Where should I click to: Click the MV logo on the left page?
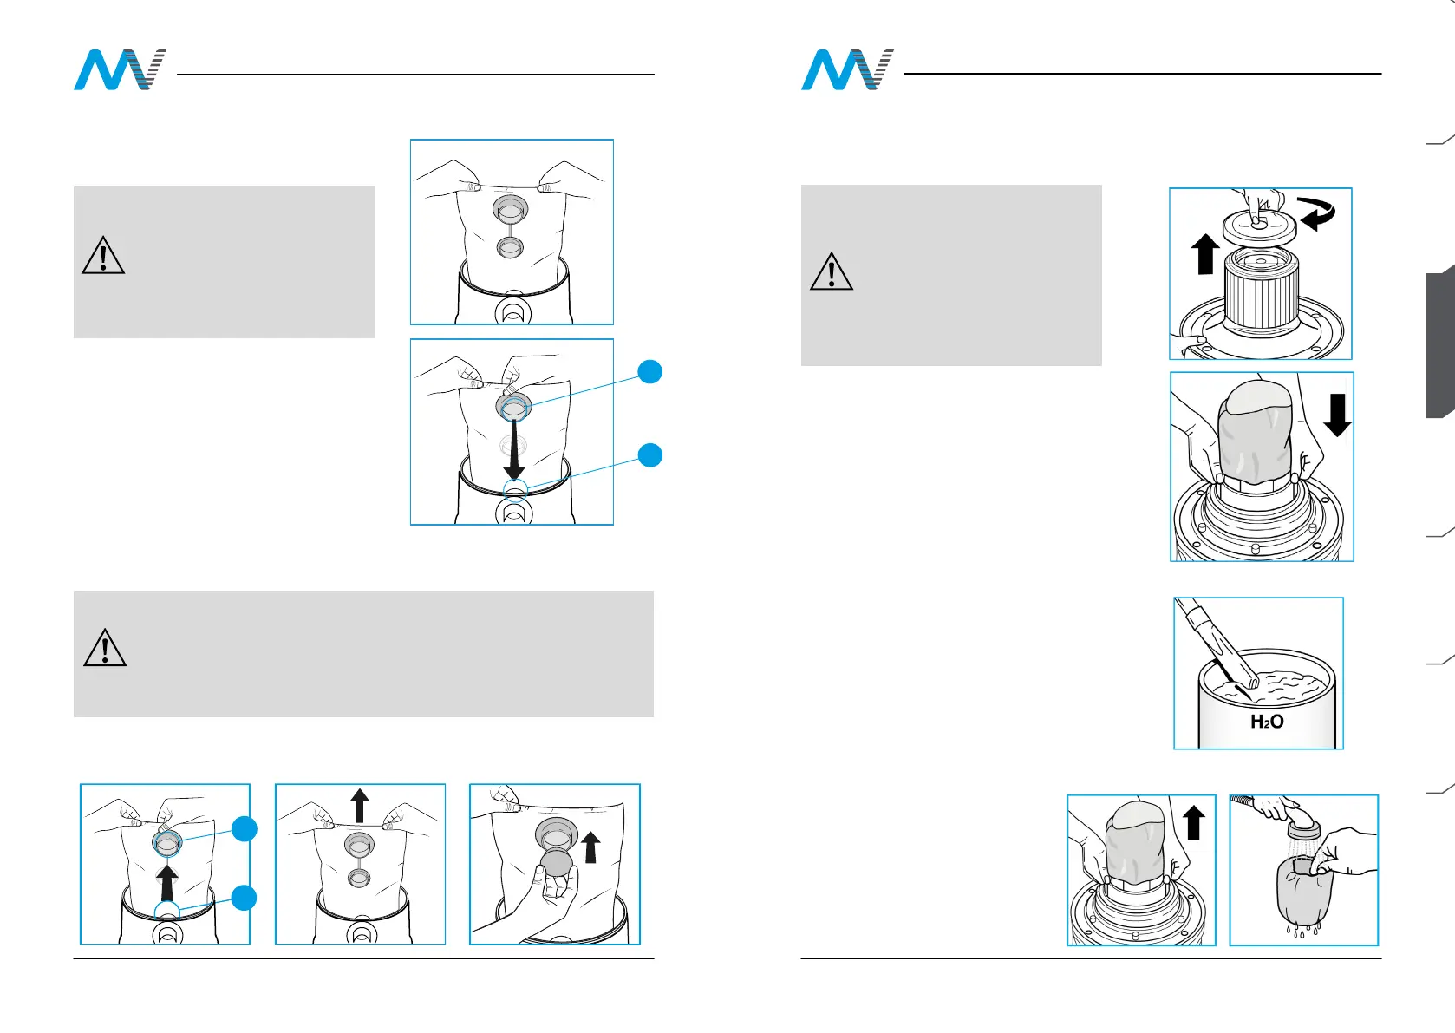pyautogui.click(x=119, y=70)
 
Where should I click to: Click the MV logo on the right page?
pyautogui.click(x=846, y=70)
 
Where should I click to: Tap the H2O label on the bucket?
pyautogui.click(x=1267, y=722)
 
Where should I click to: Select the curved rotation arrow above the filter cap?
pyautogui.click(x=1316, y=213)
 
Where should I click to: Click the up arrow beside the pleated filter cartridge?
pyautogui.click(x=1204, y=254)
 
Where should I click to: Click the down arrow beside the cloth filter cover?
pyautogui.click(x=1337, y=415)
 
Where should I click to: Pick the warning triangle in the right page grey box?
pyautogui.click(x=832, y=271)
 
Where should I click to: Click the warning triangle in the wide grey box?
pyautogui.click(x=105, y=648)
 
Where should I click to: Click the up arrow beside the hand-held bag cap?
pyautogui.click(x=590, y=847)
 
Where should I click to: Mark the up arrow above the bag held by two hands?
pyautogui.click(x=360, y=804)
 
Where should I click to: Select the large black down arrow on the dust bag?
pyautogui.click(x=514, y=449)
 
